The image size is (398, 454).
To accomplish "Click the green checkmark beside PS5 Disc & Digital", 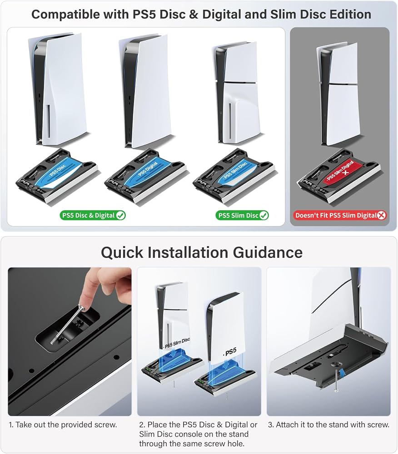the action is click(120, 215).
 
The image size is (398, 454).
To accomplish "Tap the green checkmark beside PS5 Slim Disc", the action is click(264, 215).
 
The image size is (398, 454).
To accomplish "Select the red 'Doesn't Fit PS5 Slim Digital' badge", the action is click(340, 215).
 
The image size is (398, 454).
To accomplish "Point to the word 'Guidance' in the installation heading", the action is click(268, 252).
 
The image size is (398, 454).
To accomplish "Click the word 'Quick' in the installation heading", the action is click(122, 252).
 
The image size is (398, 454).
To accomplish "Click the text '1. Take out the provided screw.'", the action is click(63, 425).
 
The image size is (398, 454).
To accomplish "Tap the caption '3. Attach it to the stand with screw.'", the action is click(329, 425).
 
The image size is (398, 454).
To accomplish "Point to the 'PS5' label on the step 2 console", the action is click(230, 352).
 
